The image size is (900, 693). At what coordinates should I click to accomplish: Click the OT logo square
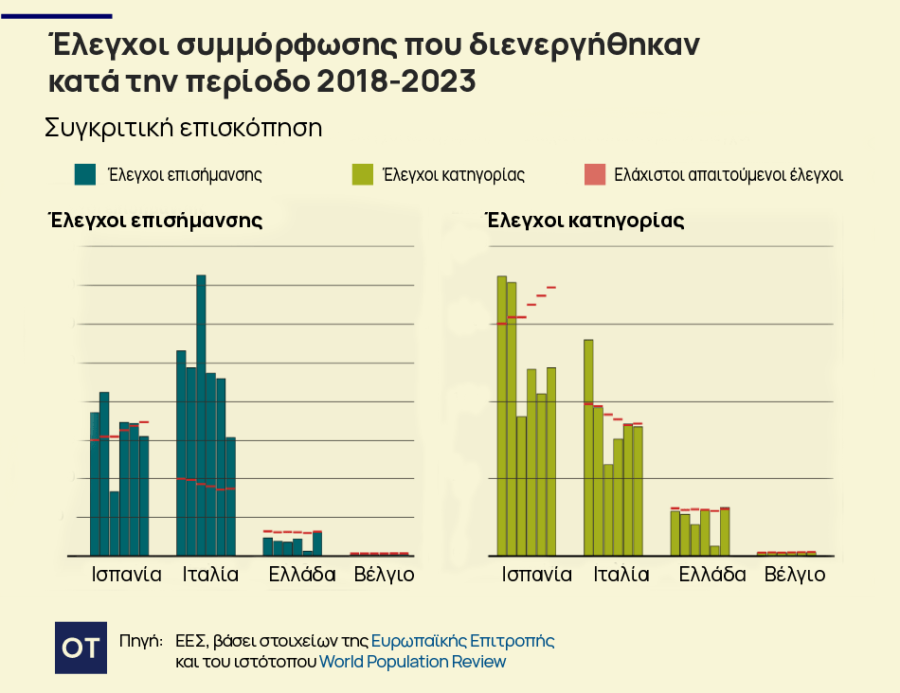80,648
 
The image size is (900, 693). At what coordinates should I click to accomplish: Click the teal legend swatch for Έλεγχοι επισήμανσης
85,174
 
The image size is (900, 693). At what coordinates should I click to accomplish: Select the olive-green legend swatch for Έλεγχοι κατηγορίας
362,174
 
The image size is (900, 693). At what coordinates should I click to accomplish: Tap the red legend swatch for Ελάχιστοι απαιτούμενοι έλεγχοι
594,174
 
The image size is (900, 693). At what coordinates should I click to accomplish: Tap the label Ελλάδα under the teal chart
302,575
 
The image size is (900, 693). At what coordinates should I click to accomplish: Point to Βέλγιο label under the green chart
794,575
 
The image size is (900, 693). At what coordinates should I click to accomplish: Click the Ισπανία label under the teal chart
126,575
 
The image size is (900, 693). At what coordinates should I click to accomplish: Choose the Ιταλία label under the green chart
621,575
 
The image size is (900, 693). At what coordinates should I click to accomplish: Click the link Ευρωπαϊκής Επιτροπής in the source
462,641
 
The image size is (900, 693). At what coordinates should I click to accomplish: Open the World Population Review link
412,662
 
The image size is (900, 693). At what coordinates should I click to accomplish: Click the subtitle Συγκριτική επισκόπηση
184,129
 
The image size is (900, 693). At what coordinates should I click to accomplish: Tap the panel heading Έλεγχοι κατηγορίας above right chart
584,221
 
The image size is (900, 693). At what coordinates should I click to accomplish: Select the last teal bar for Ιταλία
230,496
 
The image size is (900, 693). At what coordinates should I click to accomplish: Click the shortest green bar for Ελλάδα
715,550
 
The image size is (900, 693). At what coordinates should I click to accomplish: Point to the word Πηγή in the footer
141,641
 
